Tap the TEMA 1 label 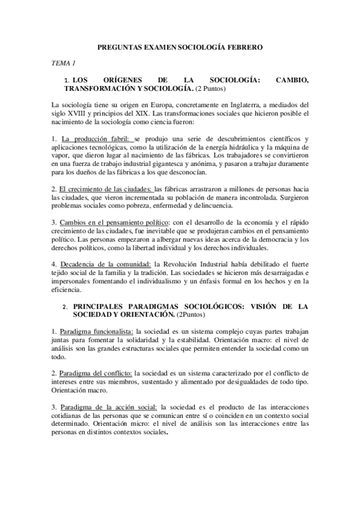pos(63,63)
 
